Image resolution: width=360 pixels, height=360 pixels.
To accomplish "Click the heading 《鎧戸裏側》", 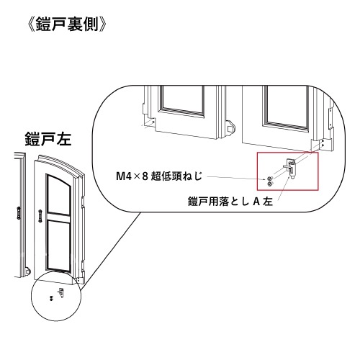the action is coord(67,24).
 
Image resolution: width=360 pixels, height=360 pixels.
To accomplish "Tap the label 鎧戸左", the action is coord(48,139).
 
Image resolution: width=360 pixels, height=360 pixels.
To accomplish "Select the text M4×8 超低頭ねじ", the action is coord(159,177).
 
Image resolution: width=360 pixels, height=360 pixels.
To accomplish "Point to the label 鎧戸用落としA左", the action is coord(230,202).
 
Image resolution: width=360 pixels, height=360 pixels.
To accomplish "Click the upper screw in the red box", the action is coord(269,179).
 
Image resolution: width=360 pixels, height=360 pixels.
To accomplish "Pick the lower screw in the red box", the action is coord(269,184).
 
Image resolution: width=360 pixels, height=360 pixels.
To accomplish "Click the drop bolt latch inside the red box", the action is coord(291,168).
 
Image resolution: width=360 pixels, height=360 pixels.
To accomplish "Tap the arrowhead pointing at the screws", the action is coord(265,179).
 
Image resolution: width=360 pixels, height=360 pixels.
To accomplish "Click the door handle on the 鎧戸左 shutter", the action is coord(40,215).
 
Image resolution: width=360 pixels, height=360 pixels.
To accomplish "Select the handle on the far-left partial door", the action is coord(19,213).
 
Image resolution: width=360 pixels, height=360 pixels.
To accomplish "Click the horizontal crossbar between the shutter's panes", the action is coord(59,216).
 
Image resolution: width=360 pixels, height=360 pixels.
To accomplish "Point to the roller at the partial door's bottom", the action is coord(27,271).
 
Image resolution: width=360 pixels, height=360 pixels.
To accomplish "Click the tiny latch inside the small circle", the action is coord(61,292).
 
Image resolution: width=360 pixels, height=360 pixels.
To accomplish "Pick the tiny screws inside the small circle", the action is coord(51,298).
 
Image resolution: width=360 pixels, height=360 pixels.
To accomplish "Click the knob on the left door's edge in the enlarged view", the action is coord(230,127).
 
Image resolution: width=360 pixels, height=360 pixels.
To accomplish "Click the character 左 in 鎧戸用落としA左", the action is coord(268,202).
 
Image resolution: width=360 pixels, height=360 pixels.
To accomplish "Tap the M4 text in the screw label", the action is coord(123,177).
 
